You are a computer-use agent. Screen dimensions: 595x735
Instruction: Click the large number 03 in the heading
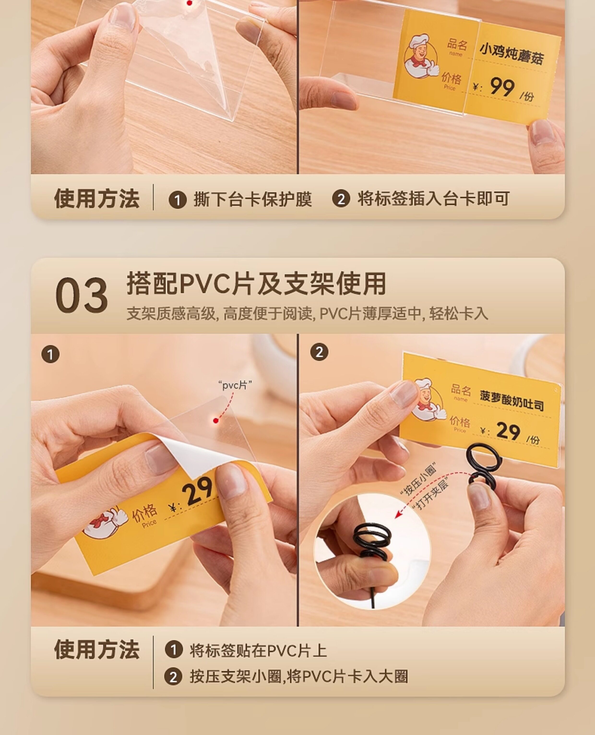82,295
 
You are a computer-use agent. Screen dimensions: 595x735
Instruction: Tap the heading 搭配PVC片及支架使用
256,284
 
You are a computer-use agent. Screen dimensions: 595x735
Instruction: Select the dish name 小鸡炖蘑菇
511,54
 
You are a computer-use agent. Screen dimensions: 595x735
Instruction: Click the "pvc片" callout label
235,385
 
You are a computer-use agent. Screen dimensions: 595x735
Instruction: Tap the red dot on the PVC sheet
216,421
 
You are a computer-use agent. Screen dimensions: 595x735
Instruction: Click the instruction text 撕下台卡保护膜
253,199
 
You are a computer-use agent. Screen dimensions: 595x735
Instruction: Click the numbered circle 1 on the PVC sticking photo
50,354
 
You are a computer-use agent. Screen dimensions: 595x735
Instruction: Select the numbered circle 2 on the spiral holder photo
319,352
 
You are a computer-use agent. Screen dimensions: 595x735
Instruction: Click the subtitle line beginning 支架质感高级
307,313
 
